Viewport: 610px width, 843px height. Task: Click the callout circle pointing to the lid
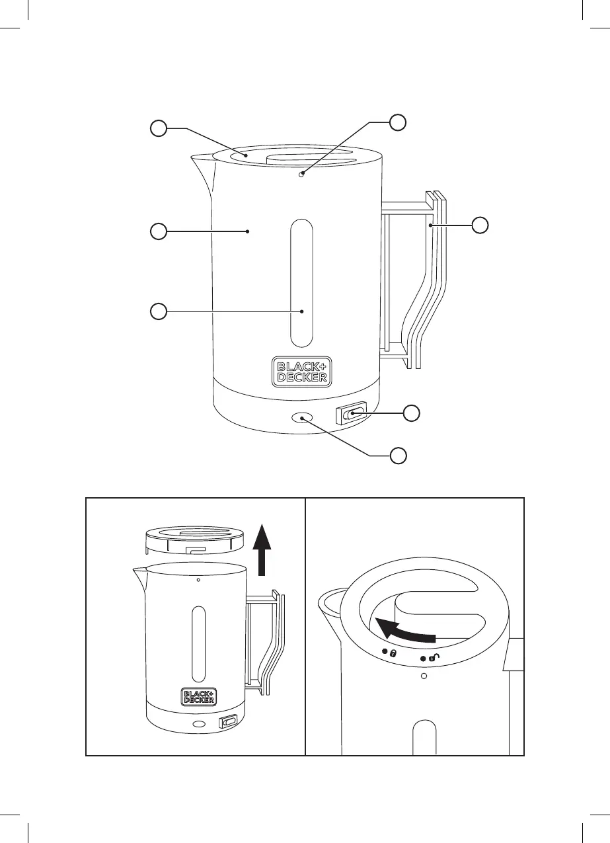point(157,128)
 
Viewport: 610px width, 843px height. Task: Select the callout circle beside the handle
point(481,225)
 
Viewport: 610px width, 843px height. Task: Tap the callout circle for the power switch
point(412,413)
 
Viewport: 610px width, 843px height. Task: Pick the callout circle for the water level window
point(157,311)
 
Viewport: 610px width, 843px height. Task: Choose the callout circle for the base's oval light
point(397,456)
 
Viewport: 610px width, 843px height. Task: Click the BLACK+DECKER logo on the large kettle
point(301,372)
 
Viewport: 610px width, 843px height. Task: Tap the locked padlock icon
point(393,653)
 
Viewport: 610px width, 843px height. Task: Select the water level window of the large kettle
point(301,284)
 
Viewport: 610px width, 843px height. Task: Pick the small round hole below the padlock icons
point(424,676)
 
